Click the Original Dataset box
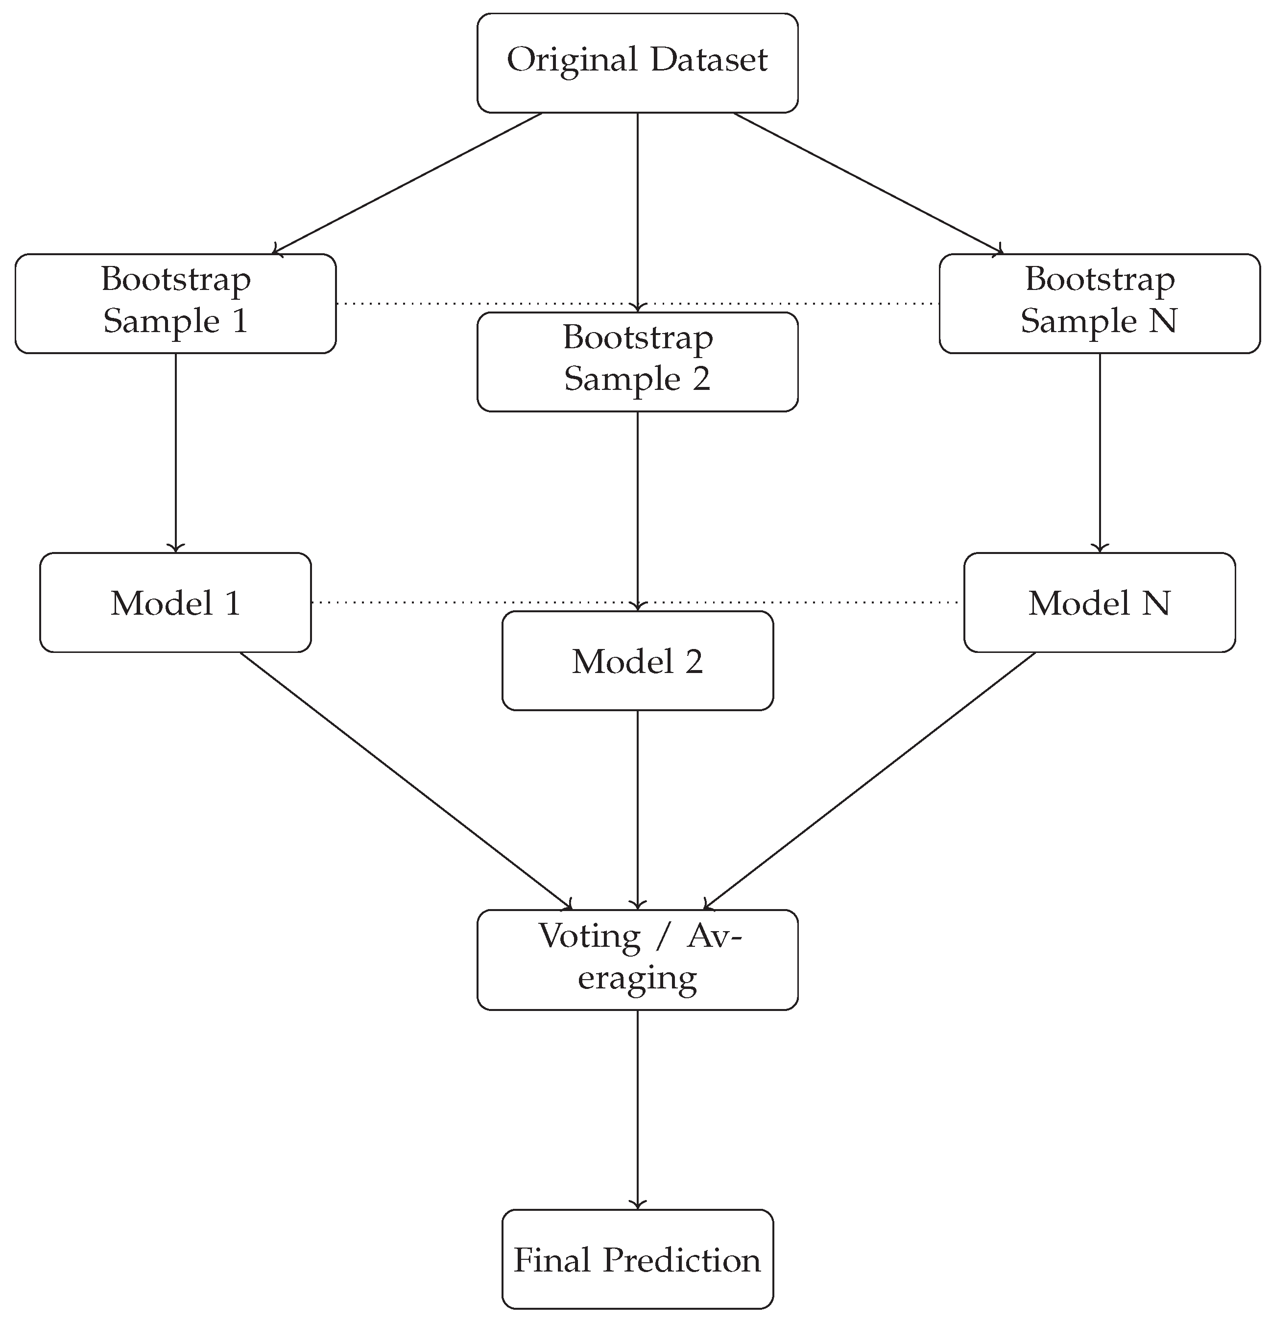coord(637,63)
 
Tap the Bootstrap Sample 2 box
coord(637,361)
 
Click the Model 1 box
coord(175,602)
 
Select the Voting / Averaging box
coord(637,960)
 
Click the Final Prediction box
coord(637,1259)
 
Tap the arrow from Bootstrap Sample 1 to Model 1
coord(175,452)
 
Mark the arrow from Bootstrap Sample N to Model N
coord(1100,452)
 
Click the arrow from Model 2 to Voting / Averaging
coord(637,809)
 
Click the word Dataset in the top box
coord(708,60)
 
